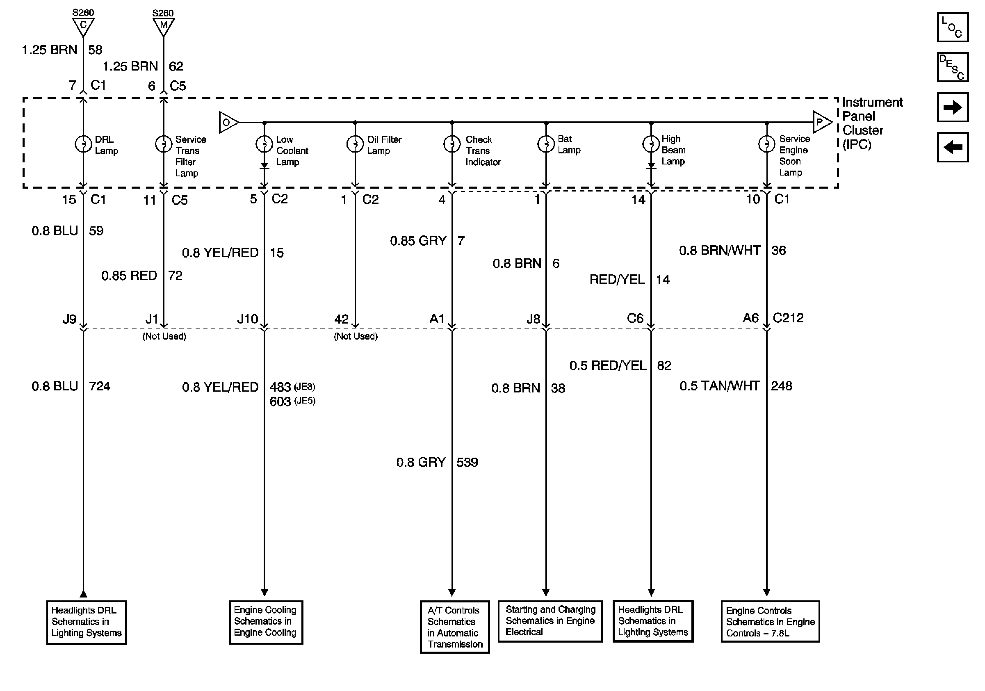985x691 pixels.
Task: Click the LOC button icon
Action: pyautogui.click(x=952, y=27)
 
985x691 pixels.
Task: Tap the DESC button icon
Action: pyautogui.click(x=952, y=67)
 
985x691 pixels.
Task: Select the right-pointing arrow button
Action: pyautogui.click(x=952, y=107)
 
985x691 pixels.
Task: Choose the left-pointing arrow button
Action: pyautogui.click(x=952, y=147)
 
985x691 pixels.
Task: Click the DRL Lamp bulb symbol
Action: pyautogui.click(x=83, y=144)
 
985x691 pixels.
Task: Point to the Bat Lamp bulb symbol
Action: pyautogui.click(x=546, y=144)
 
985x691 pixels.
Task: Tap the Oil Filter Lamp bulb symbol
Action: pyautogui.click(x=355, y=144)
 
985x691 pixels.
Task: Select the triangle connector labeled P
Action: pyautogui.click(x=821, y=122)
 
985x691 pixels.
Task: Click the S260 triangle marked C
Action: pyautogui.click(x=83, y=26)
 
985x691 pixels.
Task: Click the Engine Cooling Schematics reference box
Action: pyautogui.click(x=266, y=622)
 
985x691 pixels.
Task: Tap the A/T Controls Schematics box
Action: pyautogui.click(x=454, y=627)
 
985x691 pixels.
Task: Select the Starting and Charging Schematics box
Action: pyautogui.click(x=550, y=620)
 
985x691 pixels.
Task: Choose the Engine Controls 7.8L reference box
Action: pyautogui.click(x=770, y=622)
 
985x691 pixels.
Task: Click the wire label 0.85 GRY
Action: pyautogui.click(x=418, y=241)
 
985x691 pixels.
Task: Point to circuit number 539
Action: pyautogui.click(x=467, y=463)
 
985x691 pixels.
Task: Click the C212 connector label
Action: pyautogui.click(x=788, y=318)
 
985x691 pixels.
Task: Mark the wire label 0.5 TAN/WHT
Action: pyautogui.click(x=719, y=386)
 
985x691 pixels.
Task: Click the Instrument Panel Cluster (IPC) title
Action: pyautogui.click(x=872, y=123)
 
